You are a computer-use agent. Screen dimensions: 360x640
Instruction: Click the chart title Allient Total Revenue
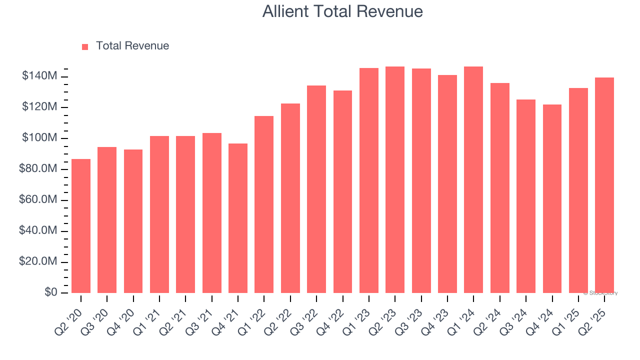click(342, 11)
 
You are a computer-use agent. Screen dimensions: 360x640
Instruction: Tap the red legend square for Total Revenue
click(85, 46)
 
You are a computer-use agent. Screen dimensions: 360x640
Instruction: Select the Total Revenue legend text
click(132, 46)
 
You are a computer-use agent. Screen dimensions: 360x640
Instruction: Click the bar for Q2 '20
click(81, 226)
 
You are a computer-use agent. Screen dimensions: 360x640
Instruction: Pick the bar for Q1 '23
click(368, 180)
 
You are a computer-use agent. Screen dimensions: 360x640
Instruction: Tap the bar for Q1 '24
click(473, 180)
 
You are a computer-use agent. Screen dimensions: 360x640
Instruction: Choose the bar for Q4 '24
click(552, 198)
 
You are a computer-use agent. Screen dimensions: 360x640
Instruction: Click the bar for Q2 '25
click(604, 185)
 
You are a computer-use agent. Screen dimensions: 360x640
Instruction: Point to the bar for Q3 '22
click(316, 189)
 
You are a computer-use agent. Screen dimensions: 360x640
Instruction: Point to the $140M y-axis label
click(39, 76)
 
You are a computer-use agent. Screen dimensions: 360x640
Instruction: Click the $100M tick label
click(39, 138)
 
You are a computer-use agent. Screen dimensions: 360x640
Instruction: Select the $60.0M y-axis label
click(38, 200)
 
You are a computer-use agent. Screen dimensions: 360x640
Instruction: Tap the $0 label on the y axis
click(51, 292)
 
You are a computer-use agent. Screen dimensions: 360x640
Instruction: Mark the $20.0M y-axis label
click(38, 262)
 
